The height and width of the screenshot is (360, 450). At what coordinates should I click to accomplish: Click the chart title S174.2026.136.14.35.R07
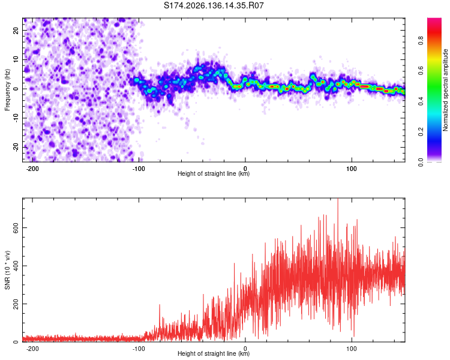point(214,5)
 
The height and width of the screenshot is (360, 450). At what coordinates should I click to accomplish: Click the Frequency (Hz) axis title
point(7,90)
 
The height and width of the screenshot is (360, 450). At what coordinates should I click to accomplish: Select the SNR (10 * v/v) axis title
point(7,270)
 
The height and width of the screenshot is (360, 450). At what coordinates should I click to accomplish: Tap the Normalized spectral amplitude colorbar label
point(445,90)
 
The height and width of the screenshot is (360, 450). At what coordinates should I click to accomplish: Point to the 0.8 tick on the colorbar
point(421,40)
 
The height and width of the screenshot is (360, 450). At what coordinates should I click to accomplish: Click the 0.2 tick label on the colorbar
point(421,132)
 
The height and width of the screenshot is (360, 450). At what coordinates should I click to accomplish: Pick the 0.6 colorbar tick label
point(421,71)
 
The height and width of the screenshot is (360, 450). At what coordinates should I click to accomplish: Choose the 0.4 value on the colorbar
point(421,101)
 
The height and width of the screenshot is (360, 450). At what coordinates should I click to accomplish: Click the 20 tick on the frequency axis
point(16,31)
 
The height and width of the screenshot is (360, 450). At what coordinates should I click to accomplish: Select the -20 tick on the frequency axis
point(16,148)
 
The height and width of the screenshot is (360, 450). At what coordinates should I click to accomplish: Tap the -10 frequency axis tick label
point(16,118)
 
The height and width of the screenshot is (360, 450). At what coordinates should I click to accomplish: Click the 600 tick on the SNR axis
point(16,227)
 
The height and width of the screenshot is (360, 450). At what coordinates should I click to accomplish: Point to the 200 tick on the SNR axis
point(16,304)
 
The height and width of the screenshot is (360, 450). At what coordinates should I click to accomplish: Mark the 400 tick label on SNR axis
point(16,266)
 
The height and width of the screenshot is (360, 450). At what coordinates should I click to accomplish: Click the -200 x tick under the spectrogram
point(32,169)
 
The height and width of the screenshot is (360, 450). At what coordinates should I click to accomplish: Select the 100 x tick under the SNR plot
point(352,349)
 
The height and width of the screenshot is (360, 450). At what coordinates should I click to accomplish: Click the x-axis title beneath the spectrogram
point(214,173)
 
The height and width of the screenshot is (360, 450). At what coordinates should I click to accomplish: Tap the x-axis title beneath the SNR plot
point(214,353)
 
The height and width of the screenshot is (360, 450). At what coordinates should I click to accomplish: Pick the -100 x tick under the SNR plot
point(139,349)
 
